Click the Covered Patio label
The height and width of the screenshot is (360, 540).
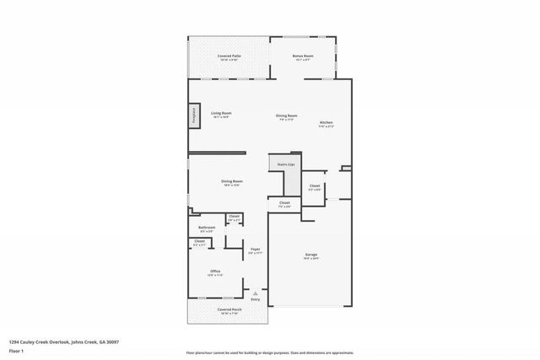click(229, 56)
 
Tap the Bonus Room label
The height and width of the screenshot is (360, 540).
click(302, 56)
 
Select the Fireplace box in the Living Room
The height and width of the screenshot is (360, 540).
click(193, 116)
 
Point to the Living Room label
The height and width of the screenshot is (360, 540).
click(221, 114)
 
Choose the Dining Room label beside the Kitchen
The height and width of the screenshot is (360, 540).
click(287, 116)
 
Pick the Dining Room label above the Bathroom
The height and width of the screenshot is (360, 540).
click(232, 182)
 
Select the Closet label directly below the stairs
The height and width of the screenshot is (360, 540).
click(284, 203)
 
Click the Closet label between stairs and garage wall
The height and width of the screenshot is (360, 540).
click(314, 186)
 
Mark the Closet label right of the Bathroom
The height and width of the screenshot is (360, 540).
click(234, 218)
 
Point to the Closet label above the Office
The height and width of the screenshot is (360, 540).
click(199, 243)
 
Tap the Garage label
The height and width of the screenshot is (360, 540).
click(310, 255)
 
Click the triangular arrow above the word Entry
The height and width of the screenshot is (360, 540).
click(256, 293)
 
